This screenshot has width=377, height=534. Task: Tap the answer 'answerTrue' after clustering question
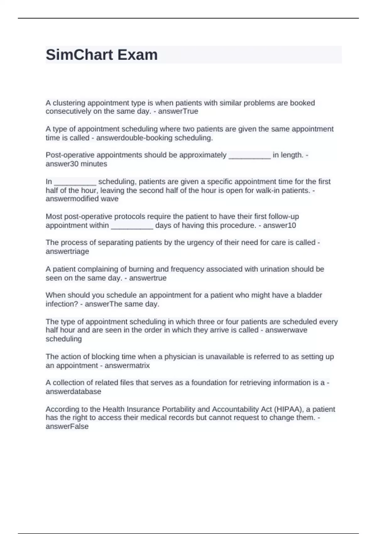pos(178,112)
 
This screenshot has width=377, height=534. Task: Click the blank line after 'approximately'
pos(249,156)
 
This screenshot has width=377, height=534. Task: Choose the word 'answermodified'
pos(72,199)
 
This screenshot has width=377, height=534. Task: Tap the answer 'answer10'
pos(279,226)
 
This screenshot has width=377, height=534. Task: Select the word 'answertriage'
pos(67,252)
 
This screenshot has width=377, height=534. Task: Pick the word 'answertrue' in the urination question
pos(148,278)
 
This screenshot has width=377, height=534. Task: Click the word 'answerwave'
pos(286,330)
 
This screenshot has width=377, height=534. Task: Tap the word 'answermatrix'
pos(127,366)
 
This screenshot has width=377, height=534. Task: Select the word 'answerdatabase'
pos(73,392)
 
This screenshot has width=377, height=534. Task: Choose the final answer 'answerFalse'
pos(67,427)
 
